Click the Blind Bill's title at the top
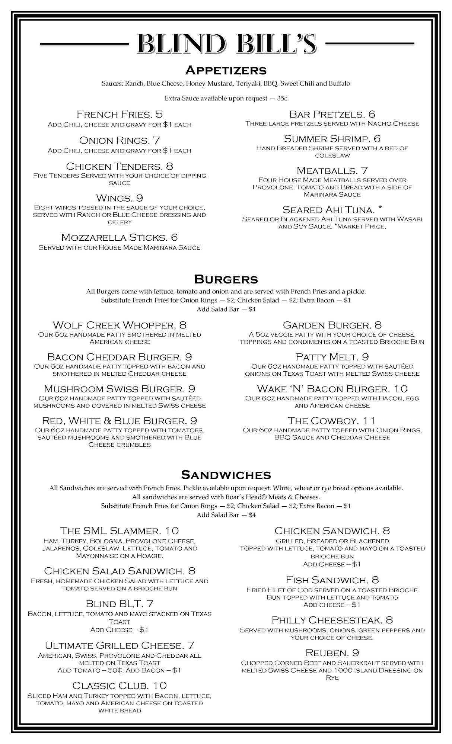click(226, 44)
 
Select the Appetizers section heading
click(226, 70)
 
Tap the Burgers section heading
click(226, 279)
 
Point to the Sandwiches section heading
click(226, 475)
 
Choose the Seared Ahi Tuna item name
click(328, 210)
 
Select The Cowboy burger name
click(323, 421)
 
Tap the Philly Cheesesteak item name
click(327, 620)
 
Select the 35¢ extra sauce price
click(282, 99)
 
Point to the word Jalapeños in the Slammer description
click(60, 548)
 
